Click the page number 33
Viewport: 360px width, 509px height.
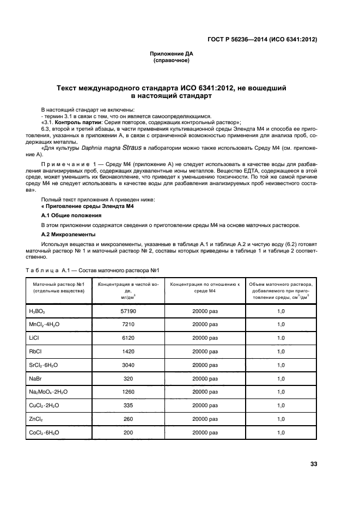tap(313, 464)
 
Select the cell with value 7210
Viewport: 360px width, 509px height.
tap(127, 324)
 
